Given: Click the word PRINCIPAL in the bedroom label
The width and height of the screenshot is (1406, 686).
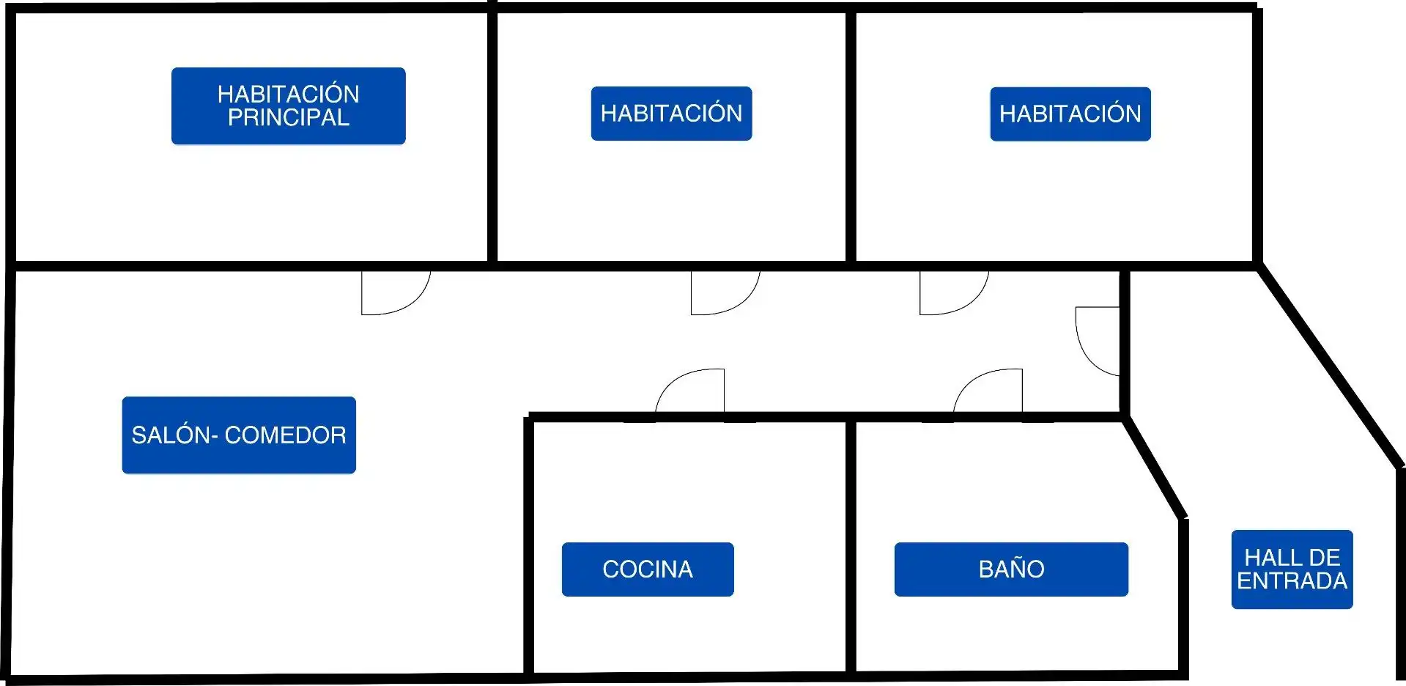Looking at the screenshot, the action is (x=289, y=118).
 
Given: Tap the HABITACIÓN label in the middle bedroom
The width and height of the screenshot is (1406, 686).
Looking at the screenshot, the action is (x=671, y=113).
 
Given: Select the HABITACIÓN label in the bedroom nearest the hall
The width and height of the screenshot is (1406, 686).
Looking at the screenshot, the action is (x=1070, y=114).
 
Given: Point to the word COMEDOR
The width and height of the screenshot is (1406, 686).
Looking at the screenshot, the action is (x=285, y=435).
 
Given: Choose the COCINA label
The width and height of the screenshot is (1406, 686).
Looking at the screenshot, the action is (x=648, y=569).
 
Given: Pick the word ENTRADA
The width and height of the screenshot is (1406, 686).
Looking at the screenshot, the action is (x=1292, y=581).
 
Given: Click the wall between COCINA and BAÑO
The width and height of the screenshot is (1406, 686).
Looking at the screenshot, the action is (x=851, y=546).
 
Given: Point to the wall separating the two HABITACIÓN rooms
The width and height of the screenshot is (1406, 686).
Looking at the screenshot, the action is (x=851, y=136).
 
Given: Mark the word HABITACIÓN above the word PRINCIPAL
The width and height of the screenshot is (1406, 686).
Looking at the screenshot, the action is (x=289, y=94).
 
